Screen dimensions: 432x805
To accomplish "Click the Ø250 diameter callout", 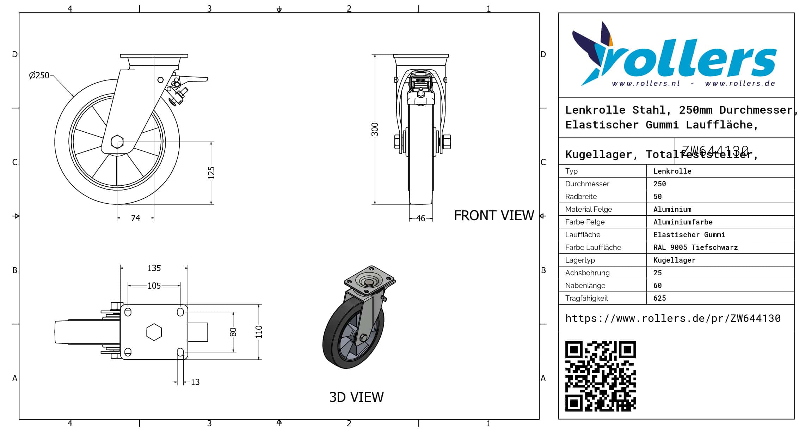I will (39, 76).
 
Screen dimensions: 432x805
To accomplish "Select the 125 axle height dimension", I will (211, 173).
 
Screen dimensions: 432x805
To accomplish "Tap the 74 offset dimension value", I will (136, 218).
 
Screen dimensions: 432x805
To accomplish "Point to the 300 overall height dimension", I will (375, 129).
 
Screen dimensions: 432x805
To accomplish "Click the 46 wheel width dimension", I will (420, 218).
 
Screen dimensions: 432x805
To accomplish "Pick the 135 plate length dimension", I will (154, 268).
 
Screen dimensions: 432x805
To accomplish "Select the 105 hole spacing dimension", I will (154, 286).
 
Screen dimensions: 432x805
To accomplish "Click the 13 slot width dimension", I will (195, 382).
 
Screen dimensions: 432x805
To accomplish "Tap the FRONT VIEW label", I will (494, 216).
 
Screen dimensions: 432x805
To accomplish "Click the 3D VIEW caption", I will (356, 397).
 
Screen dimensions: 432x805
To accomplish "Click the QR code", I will (600, 376).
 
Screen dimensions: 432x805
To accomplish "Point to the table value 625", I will (659, 298).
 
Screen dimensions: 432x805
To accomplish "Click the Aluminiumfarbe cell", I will (683, 222).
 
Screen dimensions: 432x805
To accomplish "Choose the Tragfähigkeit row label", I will (586, 298).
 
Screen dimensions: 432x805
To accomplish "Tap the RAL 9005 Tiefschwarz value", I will (695, 247).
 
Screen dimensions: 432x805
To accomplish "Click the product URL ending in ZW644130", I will (673, 318).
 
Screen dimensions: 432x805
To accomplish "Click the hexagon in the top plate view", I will (154, 332).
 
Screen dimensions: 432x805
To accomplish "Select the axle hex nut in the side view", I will (117, 142).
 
